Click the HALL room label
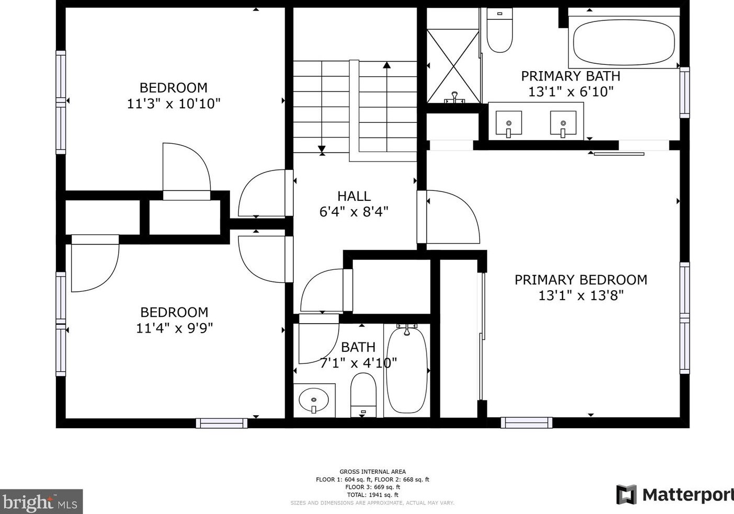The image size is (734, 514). pyautogui.click(x=354, y=196)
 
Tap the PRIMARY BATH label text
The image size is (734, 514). pyautogui.click(x=570, y=76)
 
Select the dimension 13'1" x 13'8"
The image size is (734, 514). pyautogui.click(x=581, y=295)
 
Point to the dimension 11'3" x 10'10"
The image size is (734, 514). pyautogui.click(x=174, y=104)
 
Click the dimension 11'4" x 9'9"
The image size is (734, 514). pyautogui.click(x=174, y=328)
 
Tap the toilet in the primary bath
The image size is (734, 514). pyautogui.click(x=499, y=30)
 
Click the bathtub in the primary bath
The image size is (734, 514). pyautogui.click(x=624, y=42)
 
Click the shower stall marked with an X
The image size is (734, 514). pyautogui.click(x=453, y=66)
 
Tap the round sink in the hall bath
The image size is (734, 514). pyautogui.click(x=314, y=400)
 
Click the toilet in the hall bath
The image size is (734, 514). pyautogui.click(x=363, y=395)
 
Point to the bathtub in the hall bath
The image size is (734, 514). pyautogui.click(x=407, y=370)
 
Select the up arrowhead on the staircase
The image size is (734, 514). pyautogui.click(x=387, y=65)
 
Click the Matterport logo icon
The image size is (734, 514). pyautogui.click(x=626, y=494)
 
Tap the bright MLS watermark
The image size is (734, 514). pyautogui.click(x=41, y=501)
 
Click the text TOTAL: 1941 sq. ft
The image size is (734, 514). pyautogui.click(x=373, y=495)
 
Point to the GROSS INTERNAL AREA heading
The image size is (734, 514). pyautogui.click(x=373, y=472)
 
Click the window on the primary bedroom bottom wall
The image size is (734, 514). pyautogui.click(x=526, y=423)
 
